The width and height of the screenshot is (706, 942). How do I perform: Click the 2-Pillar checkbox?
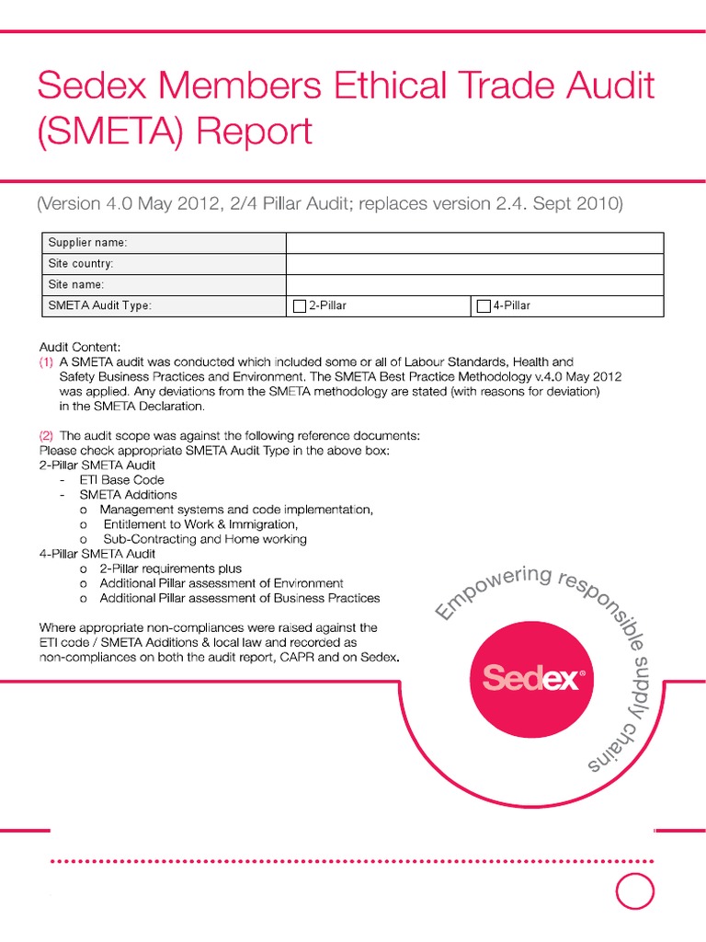pos(299,306)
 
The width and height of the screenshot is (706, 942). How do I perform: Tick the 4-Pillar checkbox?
pos(484,306)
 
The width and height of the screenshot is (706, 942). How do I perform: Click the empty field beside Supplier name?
pos(474,243)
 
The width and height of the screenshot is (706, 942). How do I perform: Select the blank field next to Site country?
pos(474,264)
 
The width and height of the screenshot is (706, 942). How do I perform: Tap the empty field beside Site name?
pos(474,285)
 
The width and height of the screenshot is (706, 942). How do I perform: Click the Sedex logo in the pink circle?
pos(532,680)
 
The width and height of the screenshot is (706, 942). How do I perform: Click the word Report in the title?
pos(256,132)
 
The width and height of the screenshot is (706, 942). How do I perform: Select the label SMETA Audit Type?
pos(100,306)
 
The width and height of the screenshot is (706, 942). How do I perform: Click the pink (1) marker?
pos(46,362)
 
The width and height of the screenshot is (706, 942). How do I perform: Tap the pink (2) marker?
pos(46,434)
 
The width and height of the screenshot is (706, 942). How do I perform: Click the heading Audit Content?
pos(80,348)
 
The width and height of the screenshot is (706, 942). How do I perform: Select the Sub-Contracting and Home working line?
pos(204,539)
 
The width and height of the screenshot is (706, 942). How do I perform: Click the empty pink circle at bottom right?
pos(634,890)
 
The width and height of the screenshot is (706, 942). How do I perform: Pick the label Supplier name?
pos(88,243)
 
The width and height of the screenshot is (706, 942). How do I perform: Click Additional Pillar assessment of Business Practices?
pos(239,598)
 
